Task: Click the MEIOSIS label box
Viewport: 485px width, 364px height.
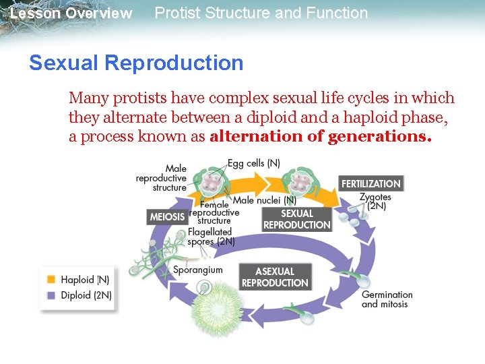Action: point(167,216)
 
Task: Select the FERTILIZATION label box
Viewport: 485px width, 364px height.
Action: point(370,183)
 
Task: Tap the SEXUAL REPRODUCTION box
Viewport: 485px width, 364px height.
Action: point(296,219)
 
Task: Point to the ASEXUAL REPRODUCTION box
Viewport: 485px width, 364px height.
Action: point(275,277)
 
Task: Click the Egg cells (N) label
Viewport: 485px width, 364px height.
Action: point(254,164)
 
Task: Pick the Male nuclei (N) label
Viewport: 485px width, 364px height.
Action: point(265,200)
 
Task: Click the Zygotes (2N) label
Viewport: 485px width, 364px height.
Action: point(374,202)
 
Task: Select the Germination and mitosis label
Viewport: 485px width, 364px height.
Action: point(387,299)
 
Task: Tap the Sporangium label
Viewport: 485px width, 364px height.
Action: point(198,270)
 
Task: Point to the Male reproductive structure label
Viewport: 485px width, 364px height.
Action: point(162,178)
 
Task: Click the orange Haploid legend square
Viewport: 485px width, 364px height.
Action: point(51,280)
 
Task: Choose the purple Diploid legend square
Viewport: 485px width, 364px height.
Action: point(51,295)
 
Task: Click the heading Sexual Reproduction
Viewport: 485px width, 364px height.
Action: point(136,63)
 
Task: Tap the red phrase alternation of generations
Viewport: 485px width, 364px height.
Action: point(320,136)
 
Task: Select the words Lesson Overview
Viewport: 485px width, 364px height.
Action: point(71,13)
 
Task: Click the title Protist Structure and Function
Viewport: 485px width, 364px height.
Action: point(261,13)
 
